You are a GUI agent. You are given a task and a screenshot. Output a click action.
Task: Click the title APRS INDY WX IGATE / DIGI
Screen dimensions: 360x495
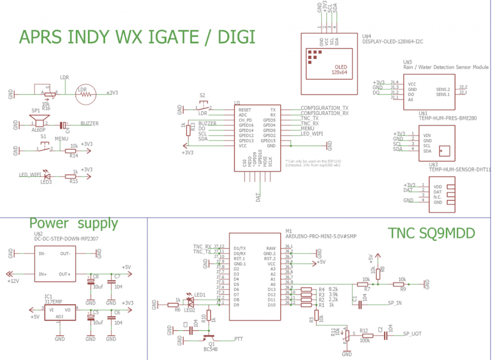pyautogui.click(x=137, y=37)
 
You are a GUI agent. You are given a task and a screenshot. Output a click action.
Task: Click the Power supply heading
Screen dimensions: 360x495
pyautogui.click(x=73, y=223)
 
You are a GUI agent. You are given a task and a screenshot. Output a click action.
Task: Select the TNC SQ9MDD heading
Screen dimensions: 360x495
pyautogui.click(x=432, y=233)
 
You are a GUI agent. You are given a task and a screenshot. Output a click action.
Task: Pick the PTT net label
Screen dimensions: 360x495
pyautogui.click(x=239, y=339)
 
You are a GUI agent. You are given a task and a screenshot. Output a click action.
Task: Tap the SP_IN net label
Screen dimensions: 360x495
pyautogui.click(x=395, y=303)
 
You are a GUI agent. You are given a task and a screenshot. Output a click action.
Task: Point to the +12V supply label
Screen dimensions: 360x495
pyautogui.click(x=15, y=280)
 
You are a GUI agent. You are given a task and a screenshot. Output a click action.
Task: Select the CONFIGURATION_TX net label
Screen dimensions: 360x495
pyautogui.click(x=324, y=108)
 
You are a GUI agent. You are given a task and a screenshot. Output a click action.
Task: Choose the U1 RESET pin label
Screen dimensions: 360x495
pyautogui.click(x=245, y=110)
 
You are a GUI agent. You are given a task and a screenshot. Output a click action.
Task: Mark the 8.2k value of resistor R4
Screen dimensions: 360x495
pyautogui.click(x=334, y=289)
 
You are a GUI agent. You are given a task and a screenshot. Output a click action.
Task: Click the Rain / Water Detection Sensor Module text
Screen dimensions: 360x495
pyautogui.click(x=446, y=67)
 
